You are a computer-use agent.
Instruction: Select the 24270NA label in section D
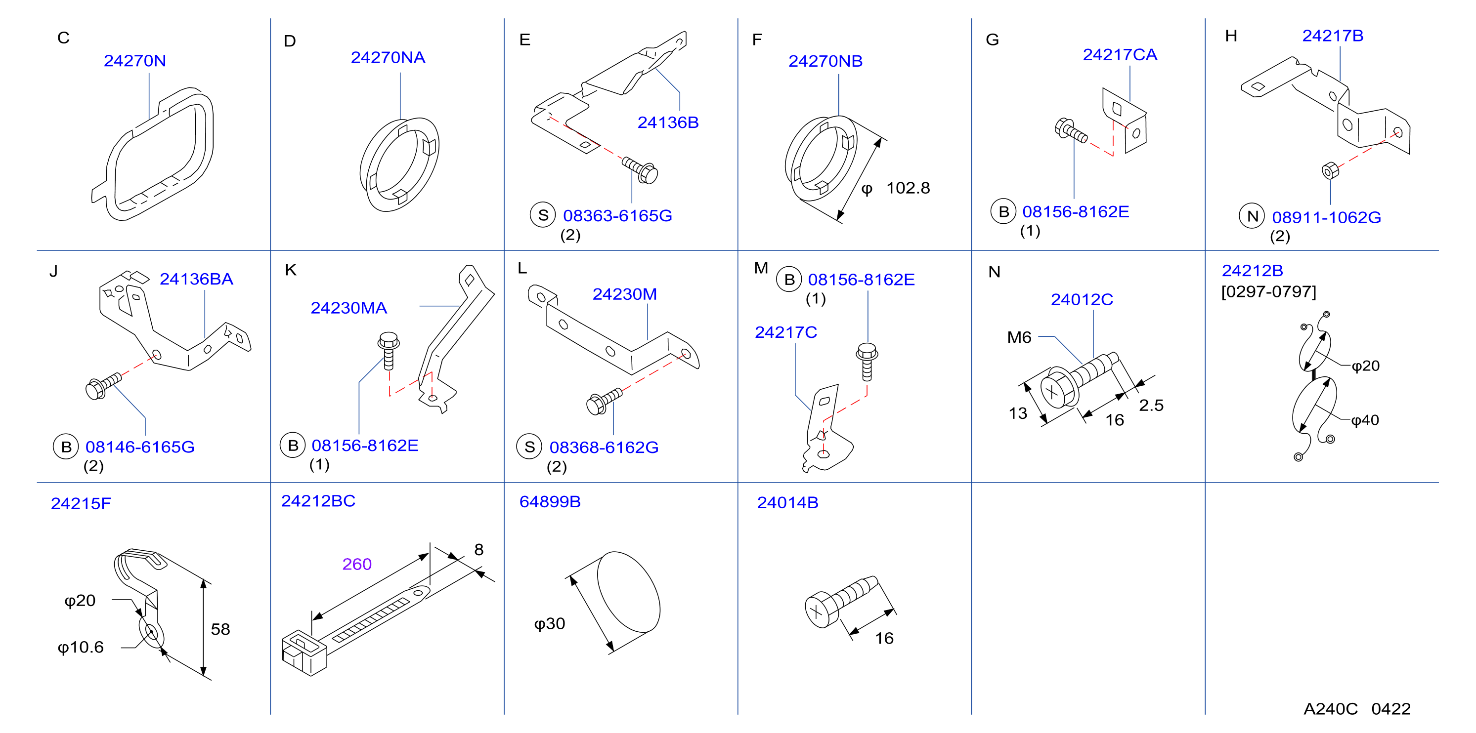click(388, 57)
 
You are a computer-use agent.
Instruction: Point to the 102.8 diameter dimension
click(908, 188)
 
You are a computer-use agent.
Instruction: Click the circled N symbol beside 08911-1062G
click(1252, 216)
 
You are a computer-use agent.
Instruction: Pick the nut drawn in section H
click(1330, 170)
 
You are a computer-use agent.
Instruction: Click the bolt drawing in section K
click(389, 351)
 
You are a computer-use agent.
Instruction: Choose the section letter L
click(522, 268)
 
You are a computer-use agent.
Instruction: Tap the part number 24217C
click(785, 332)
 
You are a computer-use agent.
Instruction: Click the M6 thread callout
click(1019, 337)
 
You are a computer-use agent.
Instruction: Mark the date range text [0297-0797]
click(1268, 291)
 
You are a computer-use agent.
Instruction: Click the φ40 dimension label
click(1365, 420)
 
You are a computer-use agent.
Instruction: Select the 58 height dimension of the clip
click(220, 629)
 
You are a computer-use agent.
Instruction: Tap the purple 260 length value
click(357, 564)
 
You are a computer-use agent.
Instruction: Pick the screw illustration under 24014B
click(840, 601)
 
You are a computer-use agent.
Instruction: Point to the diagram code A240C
click(1331, 709)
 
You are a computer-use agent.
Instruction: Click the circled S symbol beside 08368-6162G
click(529, 447)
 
